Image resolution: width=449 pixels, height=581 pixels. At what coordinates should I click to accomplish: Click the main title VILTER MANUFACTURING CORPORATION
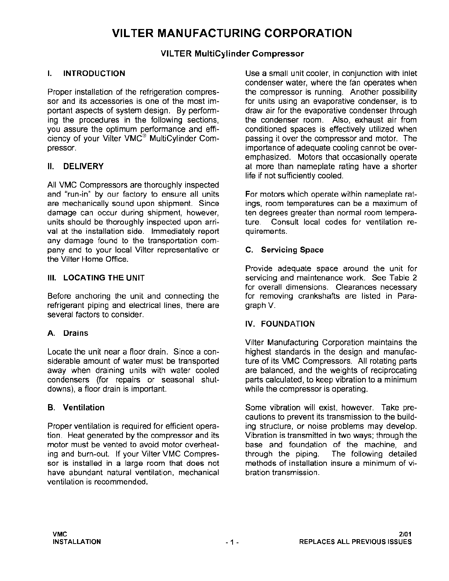point(232,33)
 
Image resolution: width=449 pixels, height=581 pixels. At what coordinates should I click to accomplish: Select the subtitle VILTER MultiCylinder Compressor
point(233,54)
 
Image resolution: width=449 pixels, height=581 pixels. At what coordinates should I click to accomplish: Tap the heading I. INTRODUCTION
point(87,73)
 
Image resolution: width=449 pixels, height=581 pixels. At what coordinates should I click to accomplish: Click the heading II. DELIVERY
point(76,167)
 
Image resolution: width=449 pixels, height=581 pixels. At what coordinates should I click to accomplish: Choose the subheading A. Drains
point(68,333)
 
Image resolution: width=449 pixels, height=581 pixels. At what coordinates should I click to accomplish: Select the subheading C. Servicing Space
point(284,250)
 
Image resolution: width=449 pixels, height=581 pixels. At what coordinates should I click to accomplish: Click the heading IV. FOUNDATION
point(280,324)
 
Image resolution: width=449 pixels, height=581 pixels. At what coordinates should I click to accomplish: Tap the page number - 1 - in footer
point(233,542)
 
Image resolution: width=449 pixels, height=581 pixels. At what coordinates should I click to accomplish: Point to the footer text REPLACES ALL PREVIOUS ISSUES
point(355,542)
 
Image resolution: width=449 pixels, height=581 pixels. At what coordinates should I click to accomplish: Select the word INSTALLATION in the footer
point(77,542)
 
